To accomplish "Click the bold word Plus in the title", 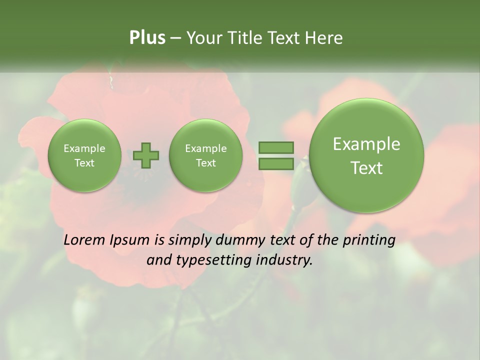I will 147,38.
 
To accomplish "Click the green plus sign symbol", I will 146,155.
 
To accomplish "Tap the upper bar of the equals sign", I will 276,148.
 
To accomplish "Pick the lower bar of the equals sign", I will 276,163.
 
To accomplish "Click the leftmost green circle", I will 84,155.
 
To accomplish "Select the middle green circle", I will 205,155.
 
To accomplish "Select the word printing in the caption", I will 369,240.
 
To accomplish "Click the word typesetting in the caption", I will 215,260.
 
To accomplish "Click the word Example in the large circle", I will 366,144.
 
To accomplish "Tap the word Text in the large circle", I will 366,168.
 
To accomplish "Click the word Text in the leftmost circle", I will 84,163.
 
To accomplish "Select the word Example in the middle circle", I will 205,148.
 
